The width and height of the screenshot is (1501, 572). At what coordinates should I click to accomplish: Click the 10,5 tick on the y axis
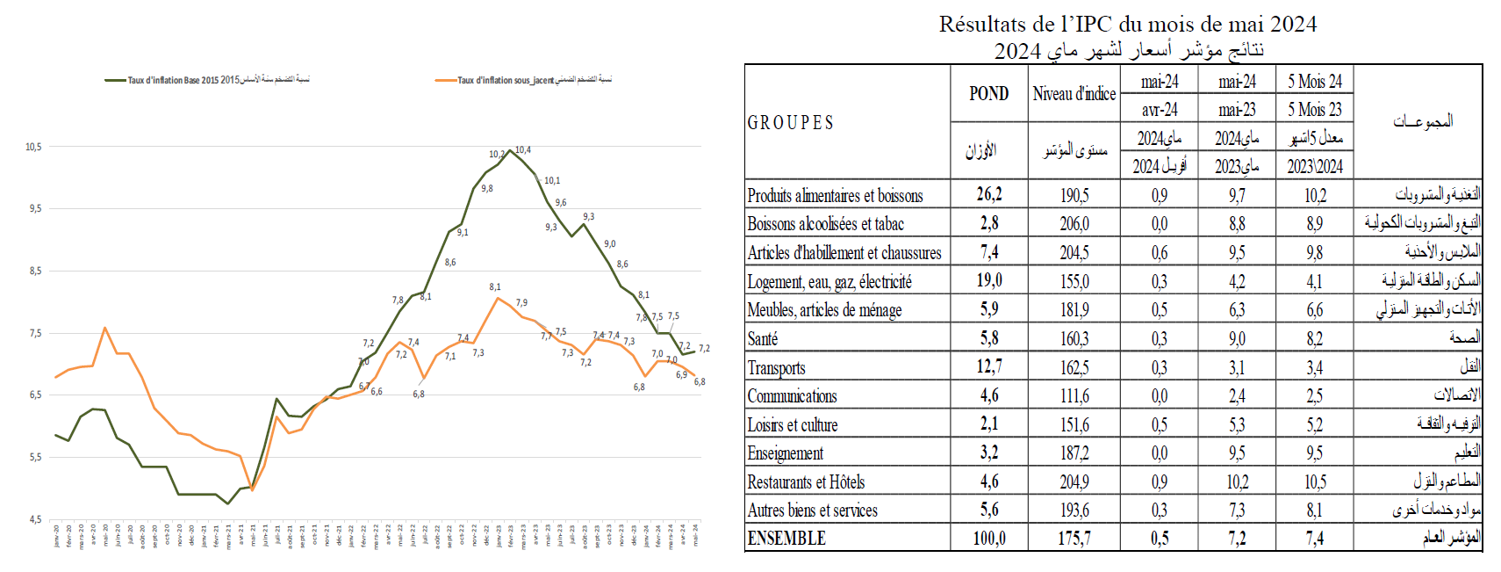point(33,147)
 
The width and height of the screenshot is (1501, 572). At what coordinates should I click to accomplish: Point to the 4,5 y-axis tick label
point(35,519)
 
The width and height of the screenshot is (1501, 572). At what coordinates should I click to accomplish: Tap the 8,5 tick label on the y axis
point(35,271)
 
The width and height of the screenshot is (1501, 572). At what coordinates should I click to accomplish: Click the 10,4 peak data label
point(523,150)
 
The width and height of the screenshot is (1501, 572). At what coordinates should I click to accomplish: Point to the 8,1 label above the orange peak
point(495,286)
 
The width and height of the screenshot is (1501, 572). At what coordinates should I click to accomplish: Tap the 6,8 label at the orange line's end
point(700,381)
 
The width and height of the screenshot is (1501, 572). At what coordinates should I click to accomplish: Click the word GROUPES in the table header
point(790,123)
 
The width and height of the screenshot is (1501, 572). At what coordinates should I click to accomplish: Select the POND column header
point(988,94)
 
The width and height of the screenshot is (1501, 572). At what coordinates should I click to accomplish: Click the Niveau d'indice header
point(1074,94)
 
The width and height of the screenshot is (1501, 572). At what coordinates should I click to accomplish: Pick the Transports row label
point(776,367)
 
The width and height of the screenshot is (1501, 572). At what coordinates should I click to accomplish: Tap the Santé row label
point(762,339)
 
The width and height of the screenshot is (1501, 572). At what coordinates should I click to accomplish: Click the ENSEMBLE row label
point(786,538)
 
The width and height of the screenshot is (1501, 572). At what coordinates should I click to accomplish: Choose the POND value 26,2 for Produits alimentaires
point(989,194)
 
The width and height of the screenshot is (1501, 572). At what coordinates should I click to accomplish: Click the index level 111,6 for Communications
point(1074,396)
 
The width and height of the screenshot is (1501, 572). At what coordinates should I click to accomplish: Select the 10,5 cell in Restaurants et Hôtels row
point(1314,481)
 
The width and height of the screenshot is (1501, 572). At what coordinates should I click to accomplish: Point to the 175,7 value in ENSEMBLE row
point(1074,538)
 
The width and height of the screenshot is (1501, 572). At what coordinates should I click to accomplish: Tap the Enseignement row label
point(785,453)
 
